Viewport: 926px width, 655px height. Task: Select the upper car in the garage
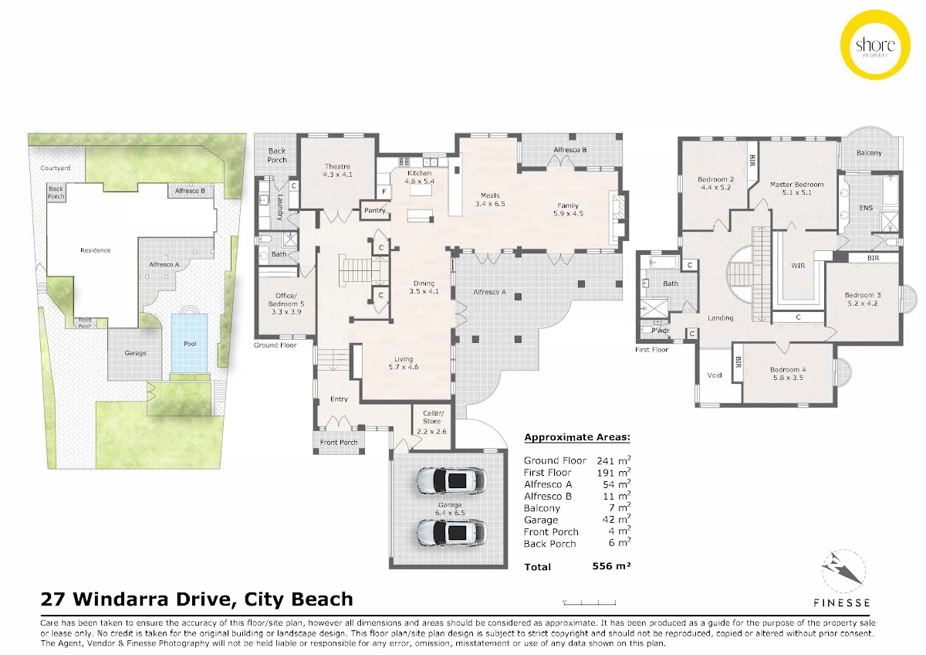coord(451,480)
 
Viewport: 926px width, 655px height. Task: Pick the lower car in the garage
coord(451,532)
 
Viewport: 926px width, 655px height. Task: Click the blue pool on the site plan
coord(189,343)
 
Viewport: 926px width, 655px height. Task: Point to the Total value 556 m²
coord(611,565)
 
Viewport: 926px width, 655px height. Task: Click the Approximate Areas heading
coord(577,437)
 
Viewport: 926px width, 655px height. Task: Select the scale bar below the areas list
coord(589,602)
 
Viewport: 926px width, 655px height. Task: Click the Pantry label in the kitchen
coord(374,210)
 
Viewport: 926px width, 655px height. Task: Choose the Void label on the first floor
coord(715,375)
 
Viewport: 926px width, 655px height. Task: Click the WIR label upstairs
coord(798,266)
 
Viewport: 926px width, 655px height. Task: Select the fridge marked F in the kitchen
coord(384,192)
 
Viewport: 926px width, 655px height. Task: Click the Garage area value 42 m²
coord(617,519)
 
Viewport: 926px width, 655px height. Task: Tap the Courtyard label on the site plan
coord(56,168)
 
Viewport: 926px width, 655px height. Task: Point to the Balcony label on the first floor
coord(869,153)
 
